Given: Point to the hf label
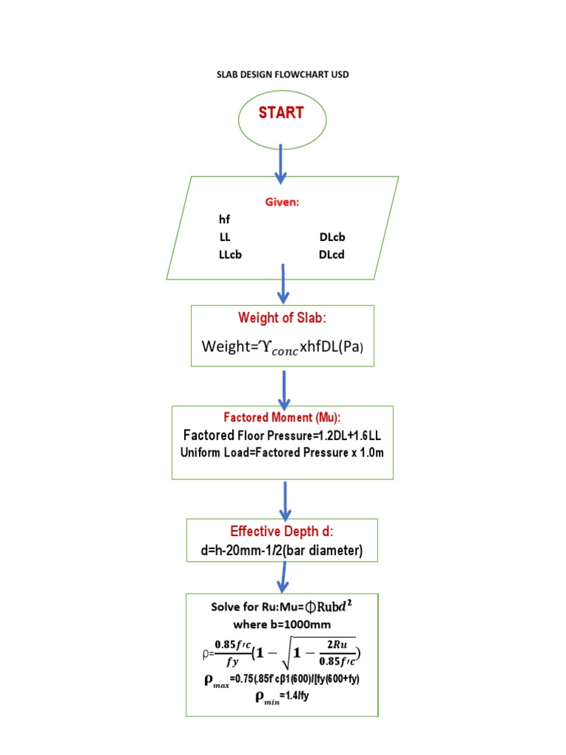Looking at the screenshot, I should coord(224,220).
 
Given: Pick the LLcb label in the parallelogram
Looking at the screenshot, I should coord(231,255).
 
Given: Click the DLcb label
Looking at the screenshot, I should coord(332,237).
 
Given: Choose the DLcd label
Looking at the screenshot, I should coord(332,255).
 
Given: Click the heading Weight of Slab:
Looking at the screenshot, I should coord(282,318).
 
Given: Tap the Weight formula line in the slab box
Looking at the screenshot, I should coord(282,346).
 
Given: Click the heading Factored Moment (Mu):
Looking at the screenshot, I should coord(282,417).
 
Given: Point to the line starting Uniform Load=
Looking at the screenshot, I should coord(282,453).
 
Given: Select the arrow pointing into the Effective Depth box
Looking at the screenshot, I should coord(286,501).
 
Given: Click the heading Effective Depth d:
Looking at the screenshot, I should coord(282,532).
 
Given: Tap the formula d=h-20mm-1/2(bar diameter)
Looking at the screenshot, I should coord(282,552).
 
